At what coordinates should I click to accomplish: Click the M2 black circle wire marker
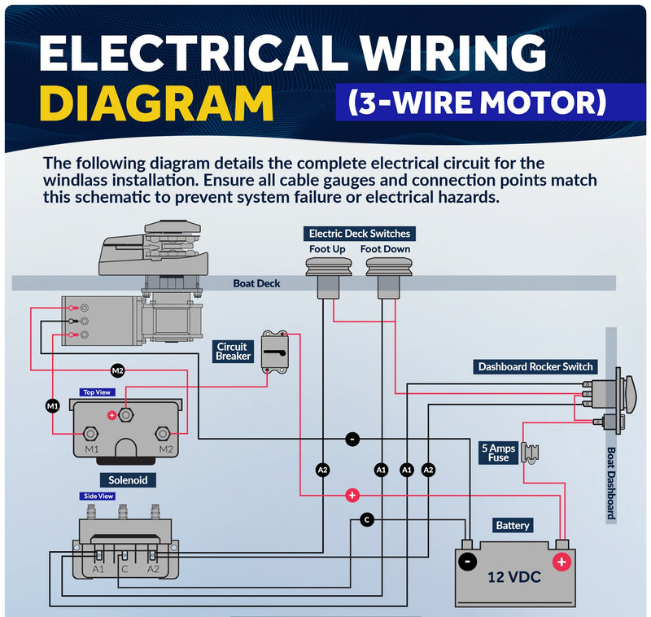coord(118,370)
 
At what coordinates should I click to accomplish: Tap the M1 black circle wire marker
coord(53,405)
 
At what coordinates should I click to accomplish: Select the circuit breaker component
coord(275,352)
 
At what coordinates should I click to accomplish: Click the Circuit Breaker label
coord(233,352)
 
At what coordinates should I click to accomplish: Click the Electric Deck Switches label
coord(360,234)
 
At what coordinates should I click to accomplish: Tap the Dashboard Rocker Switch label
coord(535,366)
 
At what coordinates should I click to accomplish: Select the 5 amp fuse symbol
coord(531,453)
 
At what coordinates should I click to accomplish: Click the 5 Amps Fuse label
coord(499,453)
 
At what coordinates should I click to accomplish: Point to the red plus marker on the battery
coord(561,562)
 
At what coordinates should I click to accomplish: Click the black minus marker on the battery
coord(468,562)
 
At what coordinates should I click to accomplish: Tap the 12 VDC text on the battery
coord(514,577)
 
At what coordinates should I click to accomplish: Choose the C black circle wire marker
coord(367,519)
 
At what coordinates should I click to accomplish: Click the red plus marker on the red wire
coord(352,495)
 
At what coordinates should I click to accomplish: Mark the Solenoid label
coord(128,480)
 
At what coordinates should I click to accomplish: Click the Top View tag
coord(97,392)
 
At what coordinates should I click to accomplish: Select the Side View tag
coord(98,497)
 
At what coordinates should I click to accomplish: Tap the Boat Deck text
coord(256,283)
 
